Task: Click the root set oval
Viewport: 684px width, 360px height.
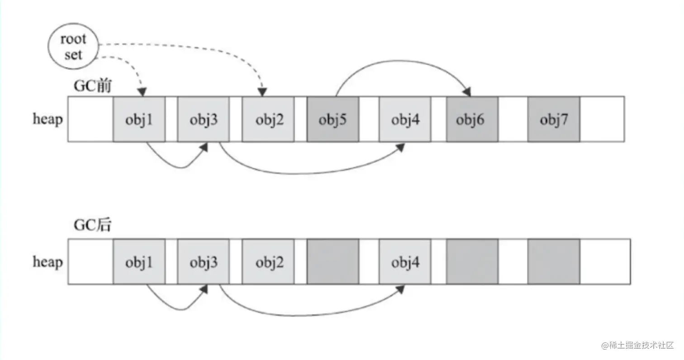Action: tap(73, 47)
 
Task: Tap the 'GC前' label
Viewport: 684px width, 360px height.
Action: tap(92, 86)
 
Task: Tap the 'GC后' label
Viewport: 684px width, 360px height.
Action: tap(92, 225)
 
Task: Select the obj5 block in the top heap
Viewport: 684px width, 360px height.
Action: tap(332, 119)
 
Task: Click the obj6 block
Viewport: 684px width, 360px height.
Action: tap(472, 119)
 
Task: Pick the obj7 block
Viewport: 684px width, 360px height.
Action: tap(554, 119)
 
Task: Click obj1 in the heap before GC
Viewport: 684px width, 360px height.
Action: tap(139, 119)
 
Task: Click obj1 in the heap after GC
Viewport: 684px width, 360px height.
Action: tap(139, 262)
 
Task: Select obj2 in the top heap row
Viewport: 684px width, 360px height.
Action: tap(268, 119)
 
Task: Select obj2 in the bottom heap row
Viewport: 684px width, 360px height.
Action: tap(268, 262)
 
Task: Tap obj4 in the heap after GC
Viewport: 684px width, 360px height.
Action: tap(405, 262)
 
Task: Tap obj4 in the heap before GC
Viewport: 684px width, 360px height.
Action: tap(405, 119)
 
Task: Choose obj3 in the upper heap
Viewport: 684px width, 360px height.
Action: tap(204, 119)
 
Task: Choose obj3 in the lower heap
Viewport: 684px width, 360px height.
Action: tap(204, 262)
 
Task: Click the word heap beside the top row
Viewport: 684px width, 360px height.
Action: tap(47, 119)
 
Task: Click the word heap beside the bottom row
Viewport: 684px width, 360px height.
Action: tap(47, 262)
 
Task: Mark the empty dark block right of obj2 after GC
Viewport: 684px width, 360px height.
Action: tap(332, 262)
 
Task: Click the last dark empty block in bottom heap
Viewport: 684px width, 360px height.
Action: tap(554, 262)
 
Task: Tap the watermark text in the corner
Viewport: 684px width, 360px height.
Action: tap(637, 345)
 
